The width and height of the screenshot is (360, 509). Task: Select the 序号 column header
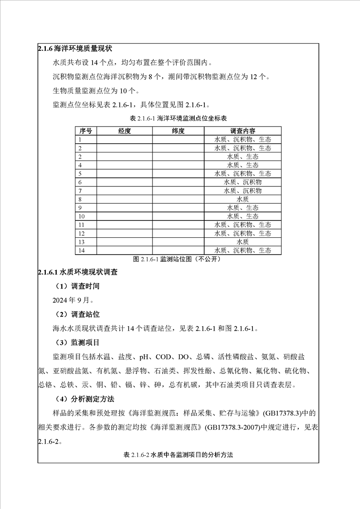[x=85, y=131]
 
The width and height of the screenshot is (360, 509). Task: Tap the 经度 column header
[x=124, y=131]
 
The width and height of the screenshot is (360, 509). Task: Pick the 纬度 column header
[x=178, y=131]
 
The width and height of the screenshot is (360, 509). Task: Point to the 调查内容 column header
[x=243, y=131]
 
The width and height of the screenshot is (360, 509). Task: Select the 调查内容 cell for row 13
[x=243, y=242]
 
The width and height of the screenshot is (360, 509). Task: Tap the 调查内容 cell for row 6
[x=243, y=182]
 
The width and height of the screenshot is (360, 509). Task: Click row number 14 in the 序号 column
[x=82, y=250]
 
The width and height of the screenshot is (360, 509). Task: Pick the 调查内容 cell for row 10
[x=243, y=216]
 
